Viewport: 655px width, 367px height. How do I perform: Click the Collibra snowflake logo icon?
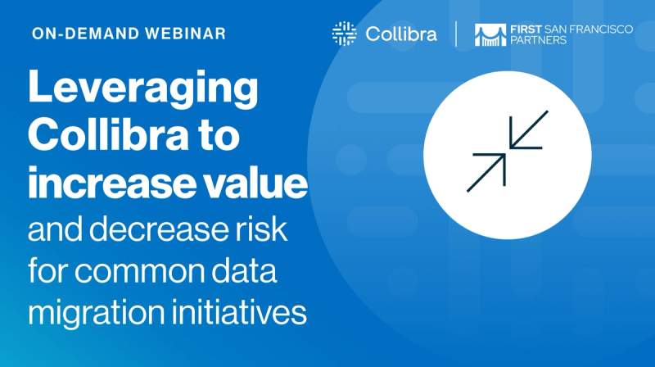(344, 34)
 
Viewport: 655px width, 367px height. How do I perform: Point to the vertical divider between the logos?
(457, 34)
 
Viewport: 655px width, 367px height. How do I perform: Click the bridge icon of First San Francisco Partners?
(490, 34)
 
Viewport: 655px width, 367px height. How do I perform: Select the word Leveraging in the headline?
(143, 88)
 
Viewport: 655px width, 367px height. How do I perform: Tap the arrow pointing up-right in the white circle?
(486, 171)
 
